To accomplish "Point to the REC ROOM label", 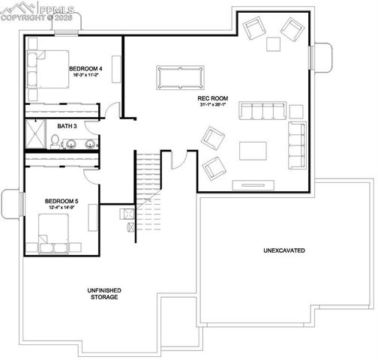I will pyautogui.click(x=214, y=98).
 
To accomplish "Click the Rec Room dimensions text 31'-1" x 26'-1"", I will pyautogui.click(x=214, y=105).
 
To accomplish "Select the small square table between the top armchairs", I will pyautogui.click(x=274, y=44).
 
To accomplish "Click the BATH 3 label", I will pyautogui.click(x=67, y=126).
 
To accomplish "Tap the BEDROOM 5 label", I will pyautogui.click(x=61, y=201).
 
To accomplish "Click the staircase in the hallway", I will pyautogui.click(x=147, y=180).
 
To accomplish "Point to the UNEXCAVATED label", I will pyautogui.click(x=283, y=250).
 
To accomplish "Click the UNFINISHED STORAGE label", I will pyautogui.click(x=104, y=293).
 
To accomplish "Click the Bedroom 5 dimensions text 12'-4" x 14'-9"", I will pyautogui.click(x=61, y=208).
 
